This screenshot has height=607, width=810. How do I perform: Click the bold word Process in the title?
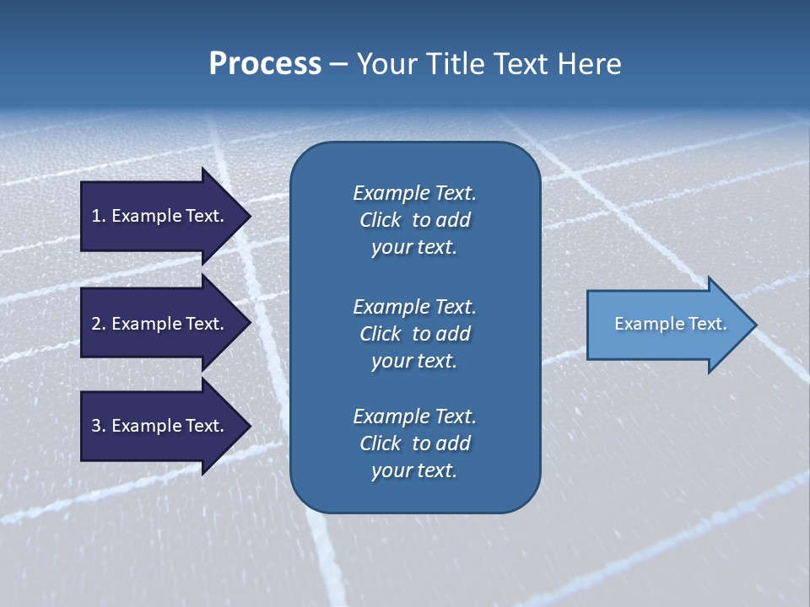[265, 64]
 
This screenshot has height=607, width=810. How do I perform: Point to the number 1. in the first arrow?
[99, 216]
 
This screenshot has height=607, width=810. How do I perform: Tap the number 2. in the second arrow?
[99, 324]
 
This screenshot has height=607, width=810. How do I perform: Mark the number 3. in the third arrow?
[99, 426]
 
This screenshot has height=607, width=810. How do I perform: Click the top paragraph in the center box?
[414, 220]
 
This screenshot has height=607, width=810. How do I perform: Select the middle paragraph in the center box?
[414, 334]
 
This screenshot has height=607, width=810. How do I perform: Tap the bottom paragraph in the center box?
[414, 443]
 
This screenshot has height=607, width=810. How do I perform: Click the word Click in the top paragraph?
[381, 220]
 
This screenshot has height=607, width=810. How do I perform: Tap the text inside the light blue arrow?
[670, 324]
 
